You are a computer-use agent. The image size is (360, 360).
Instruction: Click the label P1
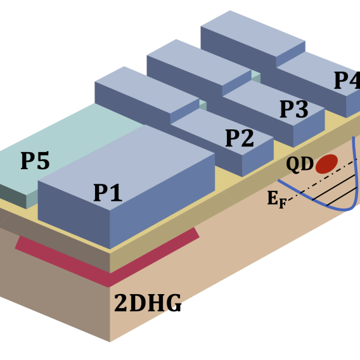click(108, 193)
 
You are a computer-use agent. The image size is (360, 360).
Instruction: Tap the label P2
click(240, 138)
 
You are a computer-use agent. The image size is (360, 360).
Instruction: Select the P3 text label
click(294, 110)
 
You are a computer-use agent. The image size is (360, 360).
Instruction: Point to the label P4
click(347, 81)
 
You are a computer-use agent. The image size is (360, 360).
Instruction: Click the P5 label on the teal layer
click(35, 162)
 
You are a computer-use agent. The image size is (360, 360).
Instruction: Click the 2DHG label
click(148, 304)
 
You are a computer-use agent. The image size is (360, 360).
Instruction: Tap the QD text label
click(299, 164)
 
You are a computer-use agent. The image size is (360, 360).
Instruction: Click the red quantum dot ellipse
click(326, 164)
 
